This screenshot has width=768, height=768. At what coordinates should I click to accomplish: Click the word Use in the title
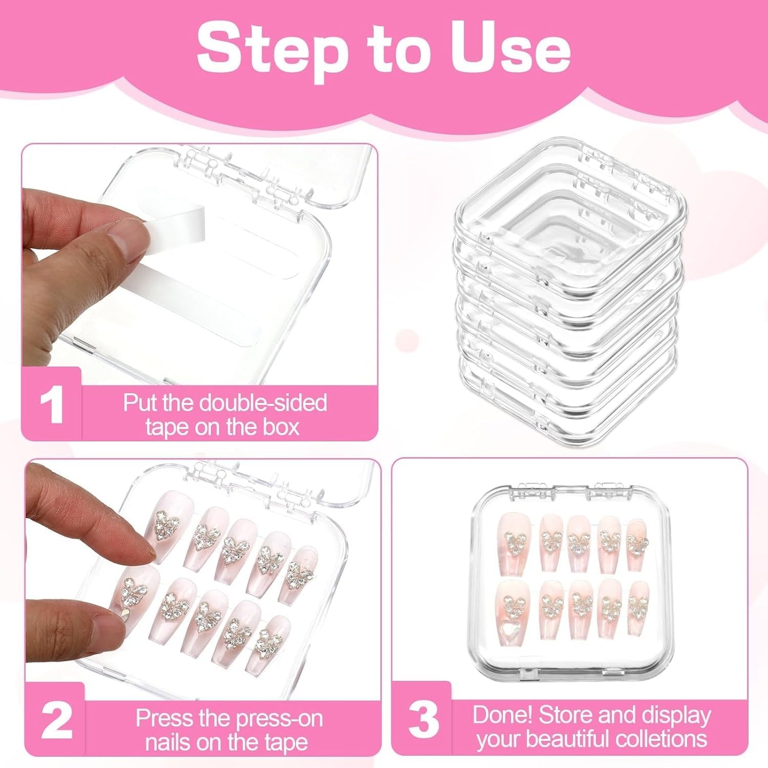(x=510, y=49)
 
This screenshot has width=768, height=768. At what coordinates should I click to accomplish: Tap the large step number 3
(x=423, y=720)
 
